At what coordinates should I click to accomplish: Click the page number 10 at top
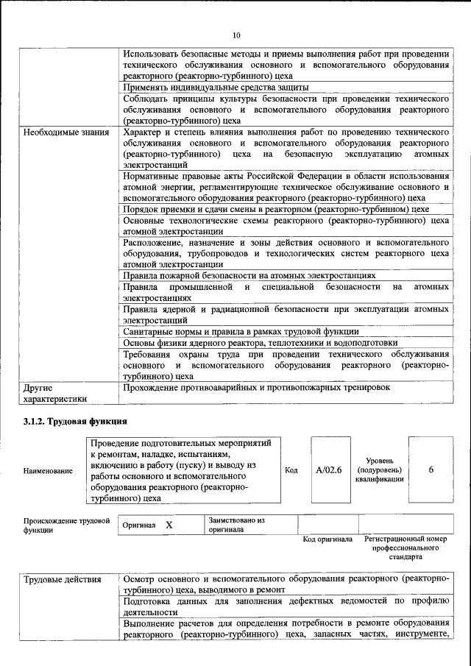click(235, 35)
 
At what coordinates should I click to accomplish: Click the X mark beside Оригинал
click(169, 525)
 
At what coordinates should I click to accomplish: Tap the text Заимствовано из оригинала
click(236, 525)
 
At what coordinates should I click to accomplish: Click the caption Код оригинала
click(327, 539)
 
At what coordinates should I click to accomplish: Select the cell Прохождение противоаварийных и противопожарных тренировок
click(256, 387)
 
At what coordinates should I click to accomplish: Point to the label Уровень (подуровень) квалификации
click(378, 470)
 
